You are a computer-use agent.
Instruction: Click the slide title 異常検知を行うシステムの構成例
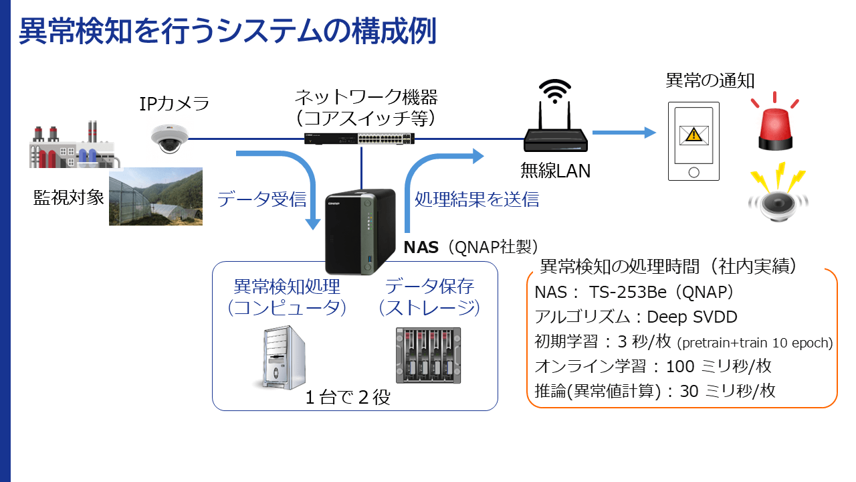(x=227, y=31)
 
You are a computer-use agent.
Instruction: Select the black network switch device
(x=359, y=139)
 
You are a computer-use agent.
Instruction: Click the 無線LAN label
(x=556, y=171)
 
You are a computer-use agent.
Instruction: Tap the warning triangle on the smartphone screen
(x=694, y=135)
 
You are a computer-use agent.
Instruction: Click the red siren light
(x=775, y=123)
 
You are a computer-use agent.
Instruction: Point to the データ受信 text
(x=262, y=199)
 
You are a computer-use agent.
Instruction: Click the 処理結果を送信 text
(x=477, y=199)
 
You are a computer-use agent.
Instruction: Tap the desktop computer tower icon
(x=280, y=357)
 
